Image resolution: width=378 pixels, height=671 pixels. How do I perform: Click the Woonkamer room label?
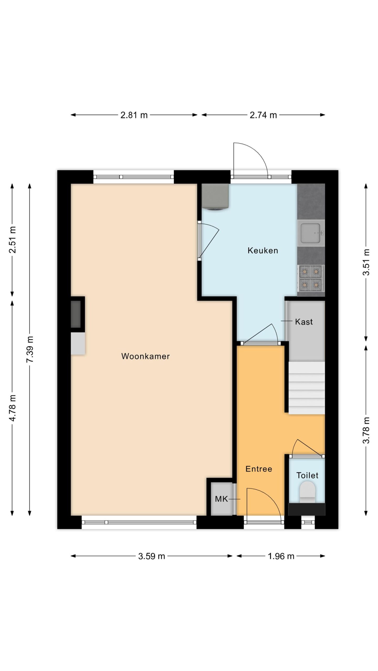point(145,356)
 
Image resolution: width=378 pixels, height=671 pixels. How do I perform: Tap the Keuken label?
point(263,251)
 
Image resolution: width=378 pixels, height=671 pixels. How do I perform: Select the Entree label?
point(259,469)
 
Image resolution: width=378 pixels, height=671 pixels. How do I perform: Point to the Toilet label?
point(307,475)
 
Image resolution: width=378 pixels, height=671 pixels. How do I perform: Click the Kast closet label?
point(304,322)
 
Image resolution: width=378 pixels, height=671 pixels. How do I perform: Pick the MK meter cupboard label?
point(222,499)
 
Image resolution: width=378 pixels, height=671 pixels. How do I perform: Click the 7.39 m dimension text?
point(30,350)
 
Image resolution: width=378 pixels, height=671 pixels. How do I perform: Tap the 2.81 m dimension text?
point(134,115)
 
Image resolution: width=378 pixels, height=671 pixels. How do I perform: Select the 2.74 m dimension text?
point(263,115)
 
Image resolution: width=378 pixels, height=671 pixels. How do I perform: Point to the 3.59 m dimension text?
point(151,556)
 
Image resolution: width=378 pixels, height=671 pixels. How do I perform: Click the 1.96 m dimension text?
point(281,556)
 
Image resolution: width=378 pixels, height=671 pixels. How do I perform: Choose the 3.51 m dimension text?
point(366,262)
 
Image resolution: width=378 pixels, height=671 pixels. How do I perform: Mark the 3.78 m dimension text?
point(366,430)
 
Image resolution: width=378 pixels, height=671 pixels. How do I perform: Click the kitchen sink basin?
point(311,233)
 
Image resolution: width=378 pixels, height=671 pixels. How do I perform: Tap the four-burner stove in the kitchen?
point(311,278)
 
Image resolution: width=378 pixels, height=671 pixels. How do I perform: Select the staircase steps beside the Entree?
point(307,388)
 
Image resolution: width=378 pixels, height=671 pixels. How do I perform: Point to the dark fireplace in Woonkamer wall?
point(76,314)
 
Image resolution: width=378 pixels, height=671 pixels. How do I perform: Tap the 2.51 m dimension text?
point(12,240)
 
